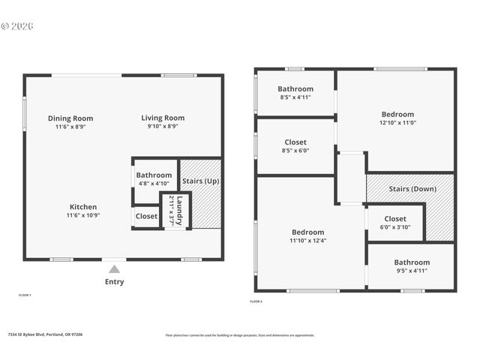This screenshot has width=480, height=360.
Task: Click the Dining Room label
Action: (70, 118)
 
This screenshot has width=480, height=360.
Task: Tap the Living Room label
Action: (163, 118)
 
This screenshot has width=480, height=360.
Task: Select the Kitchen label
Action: (83, 207)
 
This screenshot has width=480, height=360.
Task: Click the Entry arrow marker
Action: (114, 268)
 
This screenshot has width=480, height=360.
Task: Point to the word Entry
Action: (114, 282)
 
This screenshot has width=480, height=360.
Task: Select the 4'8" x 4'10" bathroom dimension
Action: (154, 184)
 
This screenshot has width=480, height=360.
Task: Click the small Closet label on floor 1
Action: (146, 216)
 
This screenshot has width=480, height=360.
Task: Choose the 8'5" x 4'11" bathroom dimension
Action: (295, 97)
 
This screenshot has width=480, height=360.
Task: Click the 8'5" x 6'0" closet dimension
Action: (295, 151)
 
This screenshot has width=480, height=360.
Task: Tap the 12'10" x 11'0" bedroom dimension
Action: (397, 123)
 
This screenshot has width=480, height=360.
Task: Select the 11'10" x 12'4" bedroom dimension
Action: (307, 241)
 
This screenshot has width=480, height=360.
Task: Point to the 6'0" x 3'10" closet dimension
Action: (395, 227)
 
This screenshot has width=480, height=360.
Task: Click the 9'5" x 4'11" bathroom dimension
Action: (412, 271)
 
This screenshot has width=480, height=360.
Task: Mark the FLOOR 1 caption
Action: (25, 295)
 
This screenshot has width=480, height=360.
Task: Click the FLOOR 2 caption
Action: (256, 301)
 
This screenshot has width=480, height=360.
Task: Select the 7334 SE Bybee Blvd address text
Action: (45, 334)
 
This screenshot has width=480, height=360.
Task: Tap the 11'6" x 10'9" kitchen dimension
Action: (83, 215)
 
